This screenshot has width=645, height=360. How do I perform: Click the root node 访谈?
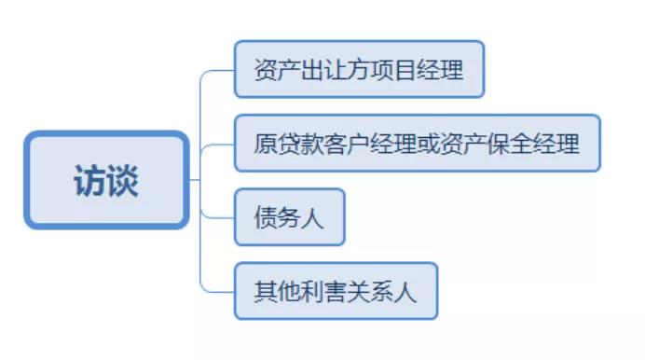106,179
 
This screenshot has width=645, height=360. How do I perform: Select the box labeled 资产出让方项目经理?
359,69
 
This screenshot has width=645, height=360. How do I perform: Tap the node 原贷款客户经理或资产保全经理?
417,144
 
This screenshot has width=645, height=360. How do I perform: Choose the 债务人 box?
289,217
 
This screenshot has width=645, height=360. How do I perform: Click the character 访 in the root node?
89,180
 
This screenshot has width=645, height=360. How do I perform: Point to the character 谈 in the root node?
122,180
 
